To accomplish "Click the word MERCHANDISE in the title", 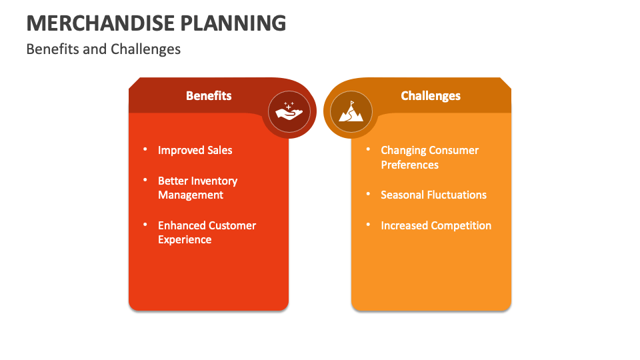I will click(x=98, y=23).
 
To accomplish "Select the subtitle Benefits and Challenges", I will click(x=103, y=49).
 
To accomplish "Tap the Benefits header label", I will click(x=209, y=95).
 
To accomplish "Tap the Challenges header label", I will click(x=431, y=95).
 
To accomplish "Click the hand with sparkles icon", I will click(x=289, y=111).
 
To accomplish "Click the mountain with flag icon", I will click(x=351, y=111).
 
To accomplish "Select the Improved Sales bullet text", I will click(x=195, y=150).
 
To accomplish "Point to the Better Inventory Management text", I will click(x=197, y=188).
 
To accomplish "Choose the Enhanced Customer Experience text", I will click(x=207, y=233).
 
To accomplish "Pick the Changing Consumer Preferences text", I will click(x=429, y=157).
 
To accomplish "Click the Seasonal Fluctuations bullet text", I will click(x=433, y=195).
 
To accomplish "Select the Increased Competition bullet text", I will click(x=436, y=225).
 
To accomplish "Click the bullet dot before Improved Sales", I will click(x=145, y=149).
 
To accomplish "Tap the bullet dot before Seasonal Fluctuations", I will click(x=368, y=194).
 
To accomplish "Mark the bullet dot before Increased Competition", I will click(x=368, y=225).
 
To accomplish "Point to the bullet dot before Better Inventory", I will click(x=145, y=180).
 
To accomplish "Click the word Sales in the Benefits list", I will click(x=219, y=150).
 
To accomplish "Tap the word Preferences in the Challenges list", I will click(x=409, y=165).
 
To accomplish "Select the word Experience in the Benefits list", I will click(x=185, y=240).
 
